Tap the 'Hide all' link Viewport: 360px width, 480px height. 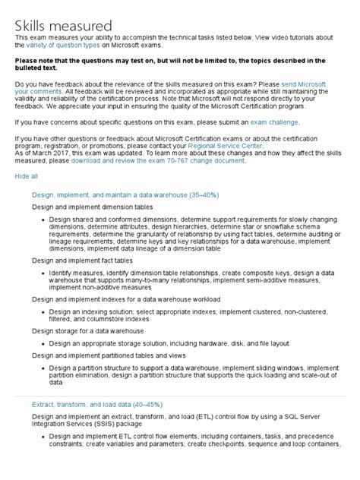27,175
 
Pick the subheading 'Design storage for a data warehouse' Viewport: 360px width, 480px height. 87,331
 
